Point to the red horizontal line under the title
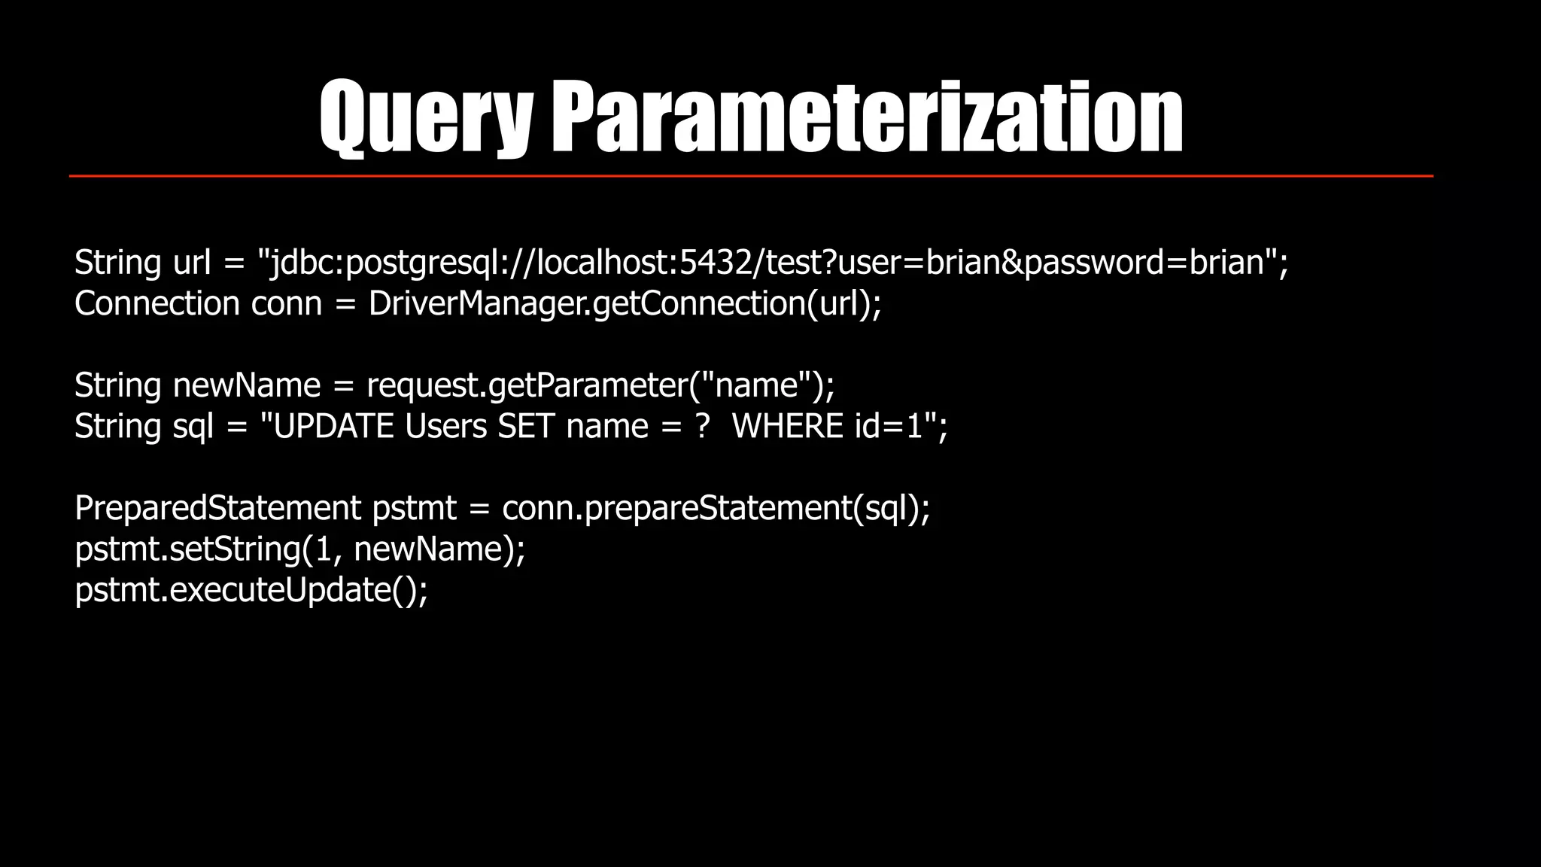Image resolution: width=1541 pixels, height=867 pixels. [x=751, y=176]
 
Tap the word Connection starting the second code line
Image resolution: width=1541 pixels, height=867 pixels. [x=157, y=303]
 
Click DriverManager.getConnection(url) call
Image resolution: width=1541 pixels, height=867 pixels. [x=623, y=303]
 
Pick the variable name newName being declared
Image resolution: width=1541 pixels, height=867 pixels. [x=247, y=385]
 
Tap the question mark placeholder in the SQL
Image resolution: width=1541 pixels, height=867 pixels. [x=703, y=427]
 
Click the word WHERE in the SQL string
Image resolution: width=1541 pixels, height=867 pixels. [x=787, y=427]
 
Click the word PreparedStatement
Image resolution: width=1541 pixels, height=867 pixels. [x=217, y=508]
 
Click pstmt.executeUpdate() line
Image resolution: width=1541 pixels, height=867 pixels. [x=251, y=589]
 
